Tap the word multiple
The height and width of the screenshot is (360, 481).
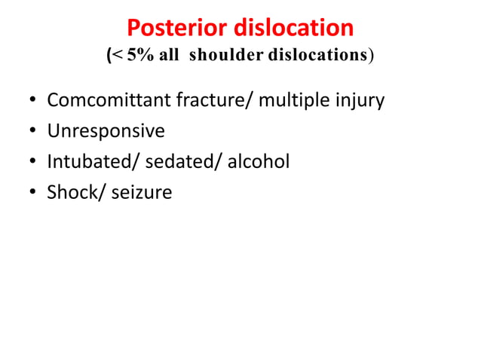point(296,100)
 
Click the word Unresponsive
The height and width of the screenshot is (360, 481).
point(106,131)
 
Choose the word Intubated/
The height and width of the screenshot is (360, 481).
point(82,162)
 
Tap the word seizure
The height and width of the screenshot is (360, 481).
point(142,193)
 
